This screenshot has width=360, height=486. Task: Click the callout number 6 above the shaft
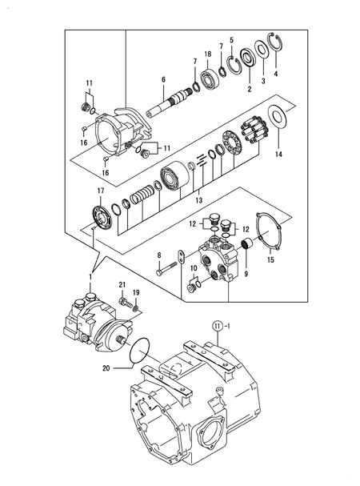tap(163, 79)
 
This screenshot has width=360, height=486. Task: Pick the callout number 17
tap(101, 190)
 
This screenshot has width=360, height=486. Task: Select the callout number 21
tap(122, 285)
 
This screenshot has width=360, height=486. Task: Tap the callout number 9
tap(234, 273)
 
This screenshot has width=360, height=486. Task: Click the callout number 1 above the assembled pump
tap(90, 276)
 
